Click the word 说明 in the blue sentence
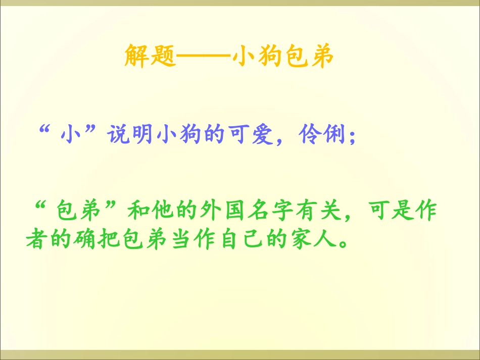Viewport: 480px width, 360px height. tap(127, 135)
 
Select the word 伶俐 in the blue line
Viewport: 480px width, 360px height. tap(320, 135)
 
